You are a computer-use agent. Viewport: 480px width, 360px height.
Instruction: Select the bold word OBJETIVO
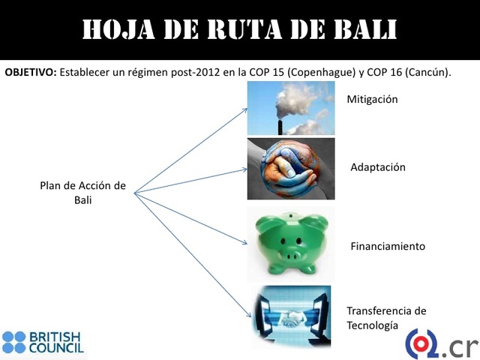[x=29, y=73]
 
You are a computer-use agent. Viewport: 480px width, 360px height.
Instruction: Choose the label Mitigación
[x=372, y=99]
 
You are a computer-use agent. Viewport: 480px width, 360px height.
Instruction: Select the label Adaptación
[x=378, y=167]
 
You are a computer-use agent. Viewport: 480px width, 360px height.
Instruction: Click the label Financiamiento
[x=388, y=246]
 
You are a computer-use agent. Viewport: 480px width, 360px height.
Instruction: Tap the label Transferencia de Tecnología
[x=386, y=317]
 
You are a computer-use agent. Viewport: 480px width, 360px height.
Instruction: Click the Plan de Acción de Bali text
[x=82, y=192]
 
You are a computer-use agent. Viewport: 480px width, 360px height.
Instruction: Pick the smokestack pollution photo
[x=291, y=108]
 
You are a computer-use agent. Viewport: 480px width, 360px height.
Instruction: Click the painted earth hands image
[x=291, y=169]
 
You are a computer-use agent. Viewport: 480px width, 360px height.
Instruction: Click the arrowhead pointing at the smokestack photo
[x=245, y=109]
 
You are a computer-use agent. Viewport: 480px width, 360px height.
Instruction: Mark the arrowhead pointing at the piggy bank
[x=244, y=242]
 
